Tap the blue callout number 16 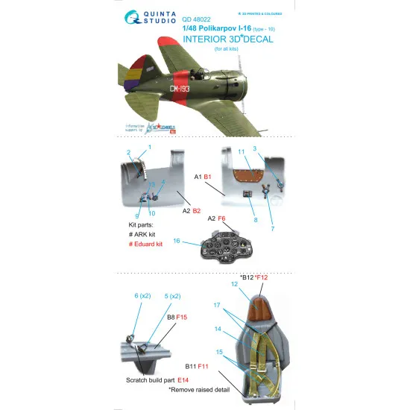pyautogui.click(x=197, y=241)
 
